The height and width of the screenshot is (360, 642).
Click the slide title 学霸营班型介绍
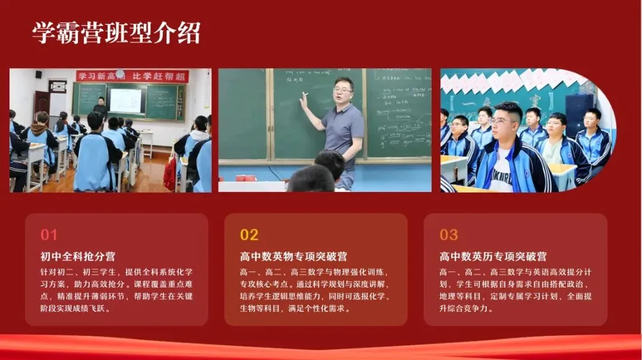click(117, 33)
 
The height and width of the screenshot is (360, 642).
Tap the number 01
click(49, 235)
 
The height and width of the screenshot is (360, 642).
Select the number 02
click(249, 235)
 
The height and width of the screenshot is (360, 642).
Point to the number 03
click(449, 235)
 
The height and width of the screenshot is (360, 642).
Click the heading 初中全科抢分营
click(78, 257)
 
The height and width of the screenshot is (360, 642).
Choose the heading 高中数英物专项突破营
click(294, 257)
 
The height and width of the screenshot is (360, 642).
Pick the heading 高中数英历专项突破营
click(493, 257)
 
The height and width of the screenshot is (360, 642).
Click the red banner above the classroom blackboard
click(132, 76)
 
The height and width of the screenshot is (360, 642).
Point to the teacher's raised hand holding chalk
click(304, 99)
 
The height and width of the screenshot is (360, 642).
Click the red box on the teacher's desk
click(245, 178)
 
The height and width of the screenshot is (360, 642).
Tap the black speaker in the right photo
click(578, 113)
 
